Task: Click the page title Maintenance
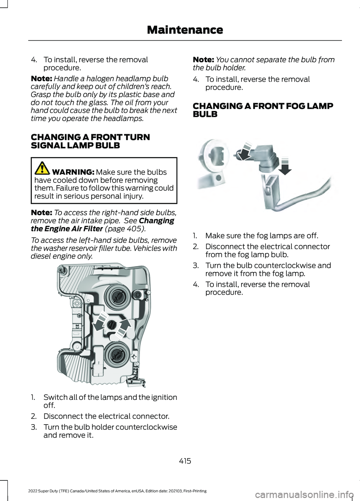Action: coord(185,30)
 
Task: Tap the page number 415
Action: coord(185,461)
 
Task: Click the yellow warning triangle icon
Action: coord(42,168)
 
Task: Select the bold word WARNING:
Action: coord(73,172)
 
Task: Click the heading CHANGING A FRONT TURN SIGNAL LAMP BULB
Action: coord(90,141)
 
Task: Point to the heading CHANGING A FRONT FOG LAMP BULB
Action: coord(262,110)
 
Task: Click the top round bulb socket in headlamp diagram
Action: coord(117,296)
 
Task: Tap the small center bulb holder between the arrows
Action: coord(112,325)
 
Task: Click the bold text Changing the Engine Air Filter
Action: coord(102,225)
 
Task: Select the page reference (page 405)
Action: coord(125,229)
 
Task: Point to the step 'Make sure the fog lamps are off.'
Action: coord(261,236)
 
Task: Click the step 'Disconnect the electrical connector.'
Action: coord(106,416)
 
